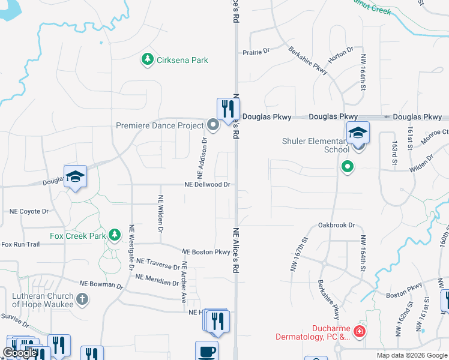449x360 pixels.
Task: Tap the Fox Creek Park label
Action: coord(77,236)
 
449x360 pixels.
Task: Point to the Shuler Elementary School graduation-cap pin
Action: coord(358,133)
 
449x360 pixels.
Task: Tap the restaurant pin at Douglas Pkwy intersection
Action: coord(228,109)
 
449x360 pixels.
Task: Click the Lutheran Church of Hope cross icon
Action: coord(82,298)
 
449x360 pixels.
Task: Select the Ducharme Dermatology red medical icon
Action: coord(359,331)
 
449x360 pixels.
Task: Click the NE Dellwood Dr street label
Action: coord(208,185)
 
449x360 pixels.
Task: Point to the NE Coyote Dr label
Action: coord(29,211)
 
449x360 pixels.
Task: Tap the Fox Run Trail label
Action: coord(20,244)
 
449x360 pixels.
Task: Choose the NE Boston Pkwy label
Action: coord(206,252)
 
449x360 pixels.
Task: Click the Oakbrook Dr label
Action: coord(337,225)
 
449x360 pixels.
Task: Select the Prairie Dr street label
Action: coord(256,52)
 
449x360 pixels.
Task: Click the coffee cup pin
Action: coord(206,351)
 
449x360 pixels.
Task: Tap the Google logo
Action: coord(19,353)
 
